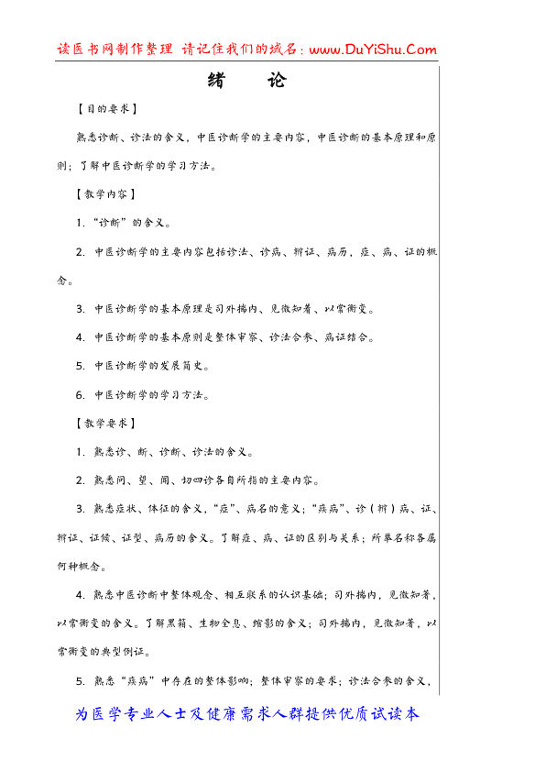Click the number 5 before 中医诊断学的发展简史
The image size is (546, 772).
(81, 366)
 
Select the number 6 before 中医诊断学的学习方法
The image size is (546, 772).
(81, 395)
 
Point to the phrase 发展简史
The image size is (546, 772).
(186, 366)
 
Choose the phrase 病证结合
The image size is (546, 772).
(350, 337)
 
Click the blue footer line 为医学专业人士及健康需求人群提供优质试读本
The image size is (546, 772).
(247, 713)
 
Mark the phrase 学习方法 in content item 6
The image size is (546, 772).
(186, 395)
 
